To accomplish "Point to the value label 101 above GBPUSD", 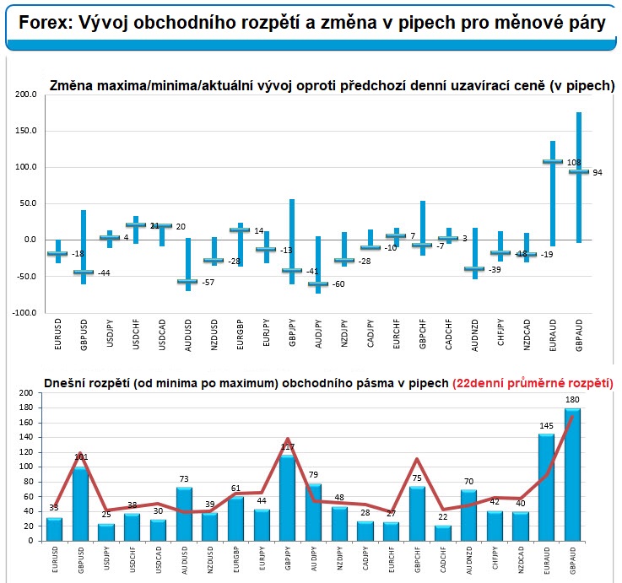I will click(82, 458).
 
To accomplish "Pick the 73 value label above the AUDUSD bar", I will click(185, 479).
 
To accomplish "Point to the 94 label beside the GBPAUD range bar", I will click(597, 173).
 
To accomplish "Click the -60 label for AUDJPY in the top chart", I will click(337, 285).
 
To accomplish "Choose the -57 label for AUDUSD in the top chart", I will click(208, 282).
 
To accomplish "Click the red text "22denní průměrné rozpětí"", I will click(533, 382).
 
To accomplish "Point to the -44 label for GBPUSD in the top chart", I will click(104, 273).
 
